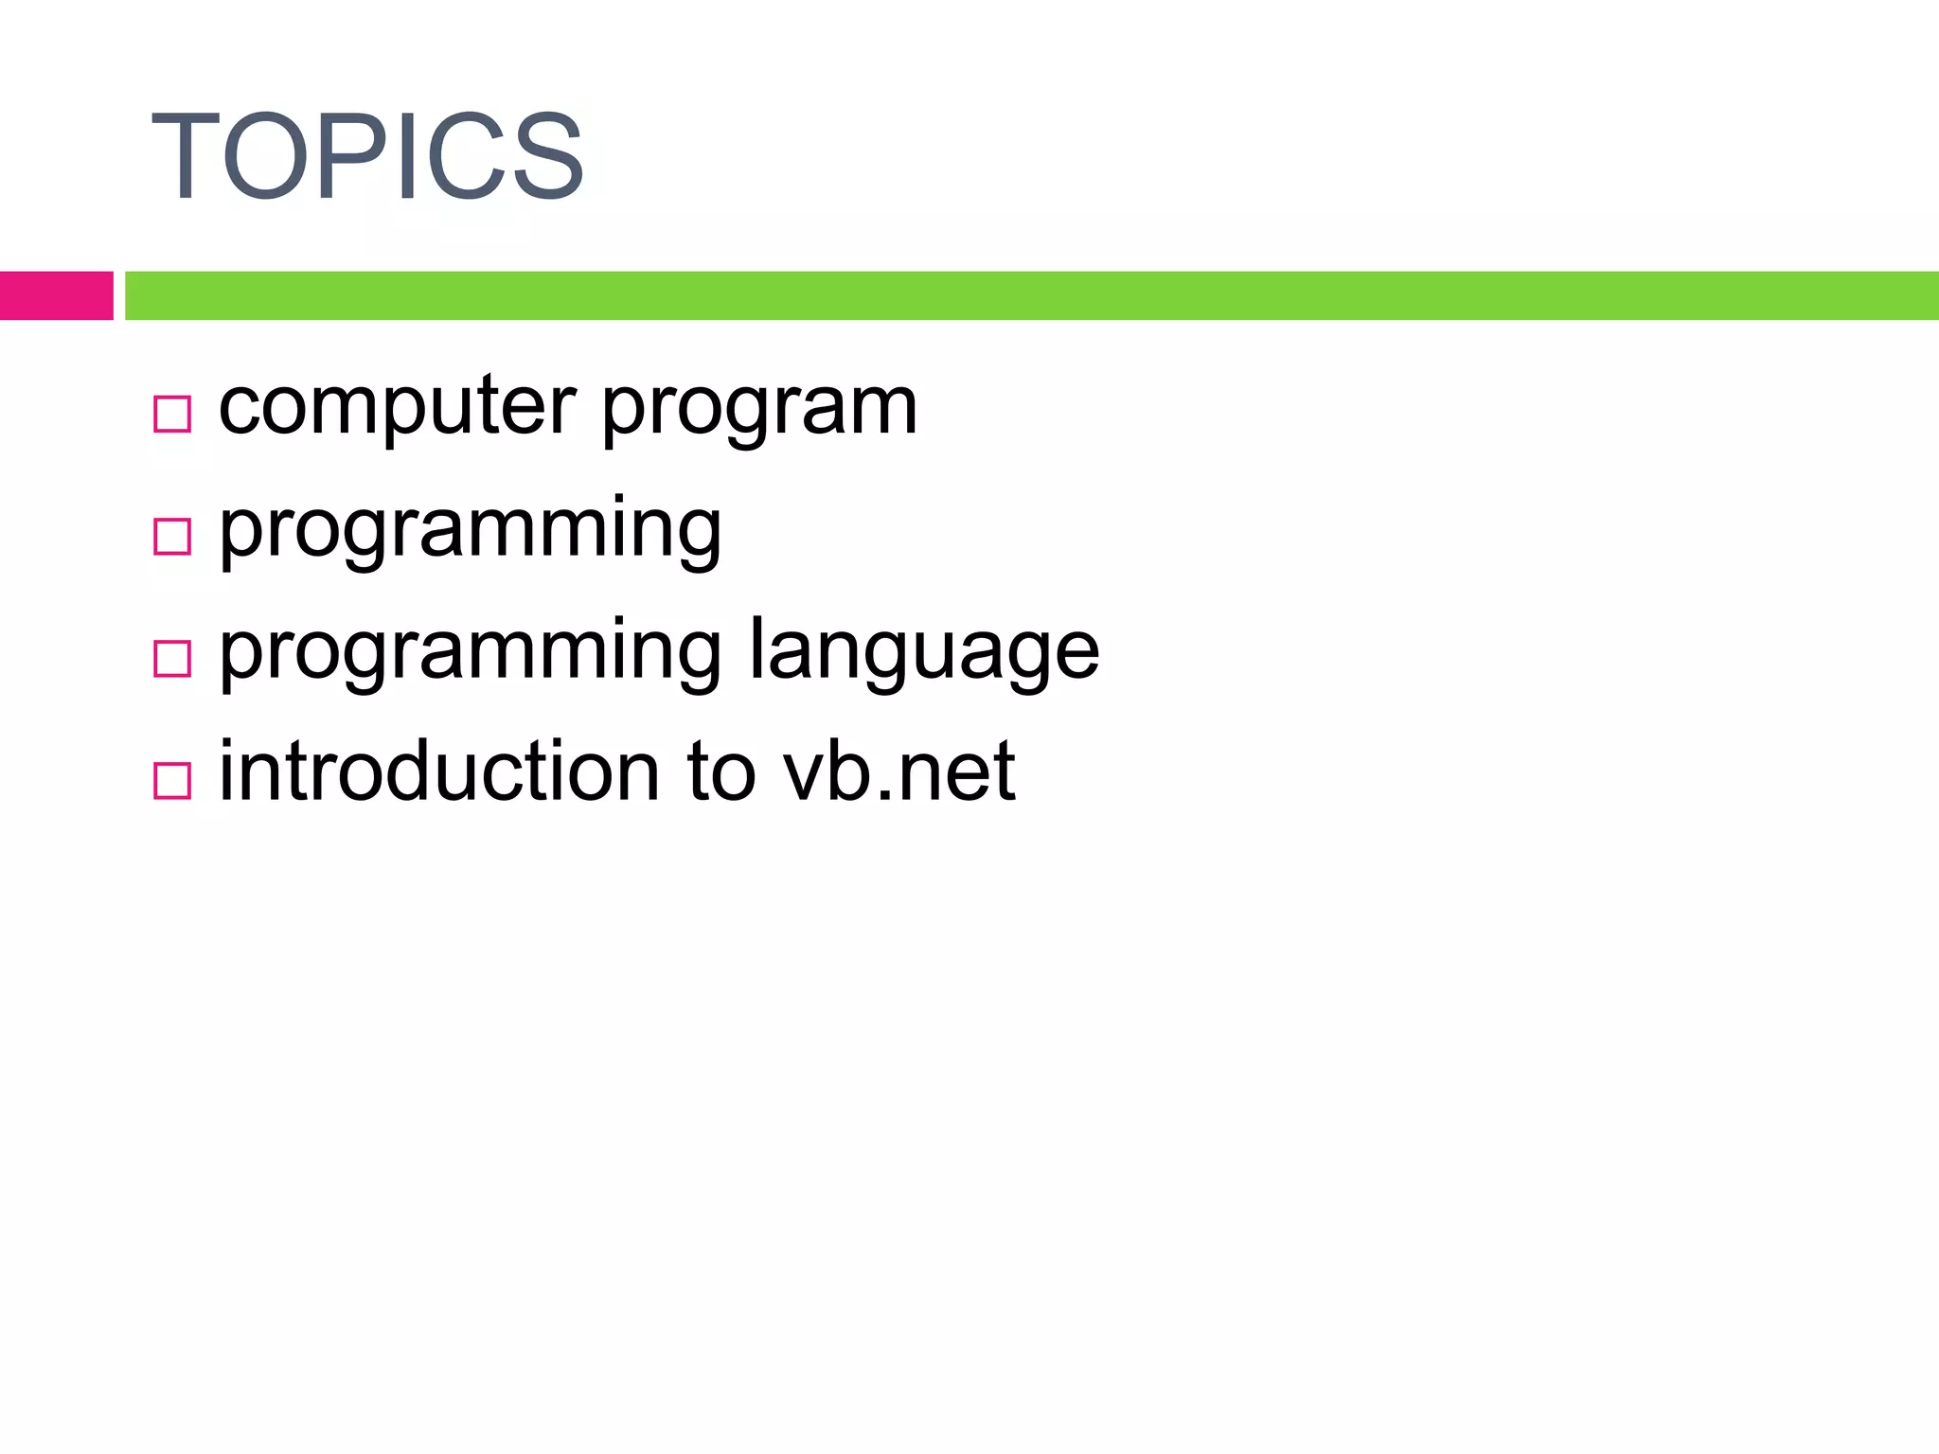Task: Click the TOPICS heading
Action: [367, 156]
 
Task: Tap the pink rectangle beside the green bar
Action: [56, 295]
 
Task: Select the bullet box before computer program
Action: [172, 414]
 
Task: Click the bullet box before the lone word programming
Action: [172, 536]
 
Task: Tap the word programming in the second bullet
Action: [470, 533]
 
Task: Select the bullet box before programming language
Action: [172, 658]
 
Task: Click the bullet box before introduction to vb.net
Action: [172, 781]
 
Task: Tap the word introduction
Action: [439, 771]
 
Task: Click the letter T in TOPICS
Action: [185, 156]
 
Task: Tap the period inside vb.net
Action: [884, 798]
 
